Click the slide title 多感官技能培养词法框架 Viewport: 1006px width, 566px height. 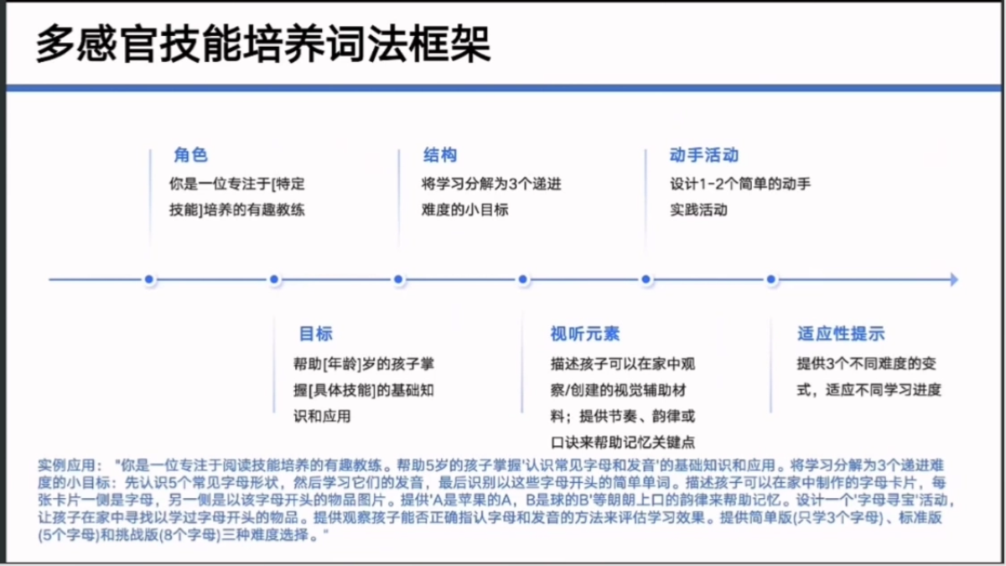(x=263, y=44)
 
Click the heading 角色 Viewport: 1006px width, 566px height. (x=191, y=155)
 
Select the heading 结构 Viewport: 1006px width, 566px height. (x=440, y=155)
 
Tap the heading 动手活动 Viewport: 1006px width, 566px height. (x=703, y=155)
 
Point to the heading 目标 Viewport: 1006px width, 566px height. (x=316, y=334)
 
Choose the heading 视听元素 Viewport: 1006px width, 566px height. (x=585, y=334)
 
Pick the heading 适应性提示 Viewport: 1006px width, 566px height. (x=841, y=334)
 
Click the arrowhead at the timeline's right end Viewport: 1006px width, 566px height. (x=954, y=279)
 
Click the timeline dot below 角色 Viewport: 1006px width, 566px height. (x=149, y=279)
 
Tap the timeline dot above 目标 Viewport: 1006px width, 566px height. (x=274, y=279)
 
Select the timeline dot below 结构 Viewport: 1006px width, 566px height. (x=398, y=279)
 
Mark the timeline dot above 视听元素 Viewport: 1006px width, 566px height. (x=523, y=279)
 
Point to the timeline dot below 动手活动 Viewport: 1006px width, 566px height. (x=646, y=279)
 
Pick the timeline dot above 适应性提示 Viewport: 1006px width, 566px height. (x=771, y=279)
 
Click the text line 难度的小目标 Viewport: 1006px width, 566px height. (x=464, y=210)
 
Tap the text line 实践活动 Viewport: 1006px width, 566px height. (x=698, y=210)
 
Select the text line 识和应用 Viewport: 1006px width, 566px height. (x=322, y=417)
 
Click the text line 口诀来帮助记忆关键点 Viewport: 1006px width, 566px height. (x=623, y=443)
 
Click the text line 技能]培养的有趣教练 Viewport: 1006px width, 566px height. (x=236, y=210)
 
